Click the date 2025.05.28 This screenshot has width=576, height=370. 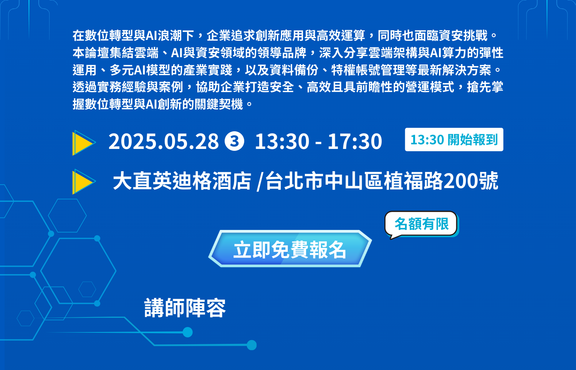164,141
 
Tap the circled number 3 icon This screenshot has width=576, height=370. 234,141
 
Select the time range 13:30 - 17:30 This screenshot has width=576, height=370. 318,141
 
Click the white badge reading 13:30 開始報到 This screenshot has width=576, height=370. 454,140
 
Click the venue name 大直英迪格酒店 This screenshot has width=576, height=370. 182,181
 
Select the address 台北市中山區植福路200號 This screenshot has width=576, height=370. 382,181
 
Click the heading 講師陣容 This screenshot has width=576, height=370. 185,308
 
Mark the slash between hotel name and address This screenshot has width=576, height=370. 260,182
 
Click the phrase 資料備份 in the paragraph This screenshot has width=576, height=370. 294,70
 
